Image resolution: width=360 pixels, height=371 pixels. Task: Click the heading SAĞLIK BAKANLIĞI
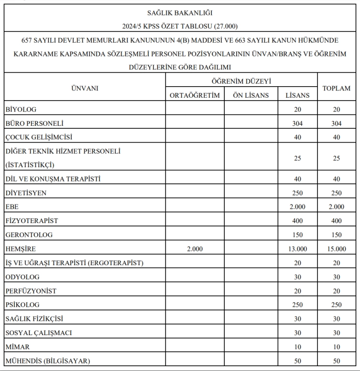[x=180, y=13]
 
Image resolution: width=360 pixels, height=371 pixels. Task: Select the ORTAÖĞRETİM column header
[x=195, y=95]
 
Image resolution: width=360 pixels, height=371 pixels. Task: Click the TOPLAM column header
[x=337, y=89]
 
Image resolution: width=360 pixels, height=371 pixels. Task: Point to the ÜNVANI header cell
[x=85, y=89]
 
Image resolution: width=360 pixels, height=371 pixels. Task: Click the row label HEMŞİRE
[x=21, y=249]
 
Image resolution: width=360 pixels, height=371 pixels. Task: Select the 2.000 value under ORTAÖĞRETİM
[x=195, y=249]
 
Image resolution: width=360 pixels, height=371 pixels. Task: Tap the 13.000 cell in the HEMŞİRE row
[x=297, y=249]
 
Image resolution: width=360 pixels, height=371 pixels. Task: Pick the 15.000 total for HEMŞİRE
[x=337, y=249]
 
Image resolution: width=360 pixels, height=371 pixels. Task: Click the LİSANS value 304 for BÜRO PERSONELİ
[x=297, y=124]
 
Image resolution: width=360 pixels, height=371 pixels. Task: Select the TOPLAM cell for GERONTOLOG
[x=337, y=235]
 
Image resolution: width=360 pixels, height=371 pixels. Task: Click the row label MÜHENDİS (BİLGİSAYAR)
[x=48, y=360]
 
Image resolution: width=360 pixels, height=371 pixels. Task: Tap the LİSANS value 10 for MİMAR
[x=297, y=347]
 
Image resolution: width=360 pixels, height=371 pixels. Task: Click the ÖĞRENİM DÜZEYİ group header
[x=241, y=82]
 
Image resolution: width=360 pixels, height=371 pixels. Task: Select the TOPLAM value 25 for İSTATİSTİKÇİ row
[x=337, y=158]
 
